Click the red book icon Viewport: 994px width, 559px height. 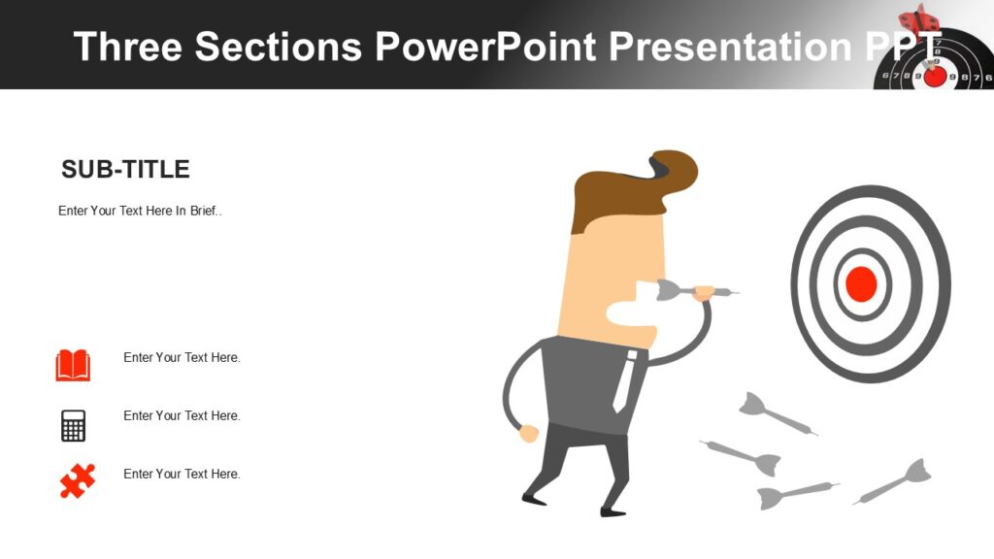(73, 365)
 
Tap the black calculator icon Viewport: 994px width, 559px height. (73, 425)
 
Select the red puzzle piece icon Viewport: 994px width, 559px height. (77, 480)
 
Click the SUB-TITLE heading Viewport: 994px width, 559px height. (125, 170)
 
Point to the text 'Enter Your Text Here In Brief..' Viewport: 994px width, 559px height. (140, 211)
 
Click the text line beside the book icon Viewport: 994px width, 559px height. (182, 357)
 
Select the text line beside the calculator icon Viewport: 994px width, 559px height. (182, 415)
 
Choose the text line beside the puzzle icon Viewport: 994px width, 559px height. (182, 474)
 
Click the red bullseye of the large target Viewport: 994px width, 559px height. (861, 284)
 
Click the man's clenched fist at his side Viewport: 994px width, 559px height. (528, 433)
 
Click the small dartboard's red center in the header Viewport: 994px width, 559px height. (935, 76)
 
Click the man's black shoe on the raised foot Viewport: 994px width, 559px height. (534, 499)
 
